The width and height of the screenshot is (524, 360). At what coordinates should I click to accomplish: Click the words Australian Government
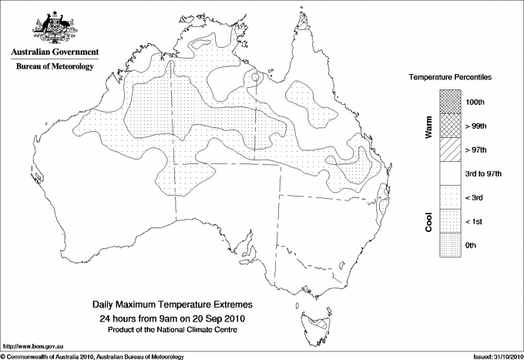click(55, 52)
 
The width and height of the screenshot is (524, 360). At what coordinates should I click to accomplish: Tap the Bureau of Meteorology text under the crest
click(55, 66)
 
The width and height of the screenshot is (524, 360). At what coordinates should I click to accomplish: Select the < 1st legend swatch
click(451, 221)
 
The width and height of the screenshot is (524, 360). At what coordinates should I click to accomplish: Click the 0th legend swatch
click(451, 245)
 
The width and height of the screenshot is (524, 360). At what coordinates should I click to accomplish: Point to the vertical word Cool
click(428, 221)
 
